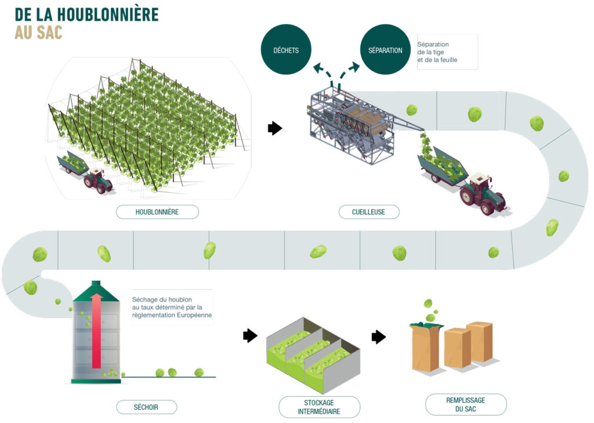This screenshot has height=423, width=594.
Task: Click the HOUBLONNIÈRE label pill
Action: [157, 212]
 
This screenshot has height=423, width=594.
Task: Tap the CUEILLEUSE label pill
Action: [369, 212]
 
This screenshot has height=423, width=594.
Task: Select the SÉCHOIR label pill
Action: [146, 407]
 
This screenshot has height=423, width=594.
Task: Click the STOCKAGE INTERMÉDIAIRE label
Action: [319, 407]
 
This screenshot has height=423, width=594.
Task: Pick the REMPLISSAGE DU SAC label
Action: [466, 404]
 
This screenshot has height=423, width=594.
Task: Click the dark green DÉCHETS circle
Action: [286, 50]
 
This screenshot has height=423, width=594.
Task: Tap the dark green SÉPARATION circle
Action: [385, 50]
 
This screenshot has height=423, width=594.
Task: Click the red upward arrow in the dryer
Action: [97, 331]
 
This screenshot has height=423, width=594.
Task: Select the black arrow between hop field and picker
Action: [274, 128]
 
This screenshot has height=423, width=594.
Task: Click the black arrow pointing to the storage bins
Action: [250, 335]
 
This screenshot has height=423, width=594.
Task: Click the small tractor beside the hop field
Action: [97, 180]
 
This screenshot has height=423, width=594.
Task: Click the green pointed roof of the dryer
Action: [97, 290]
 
